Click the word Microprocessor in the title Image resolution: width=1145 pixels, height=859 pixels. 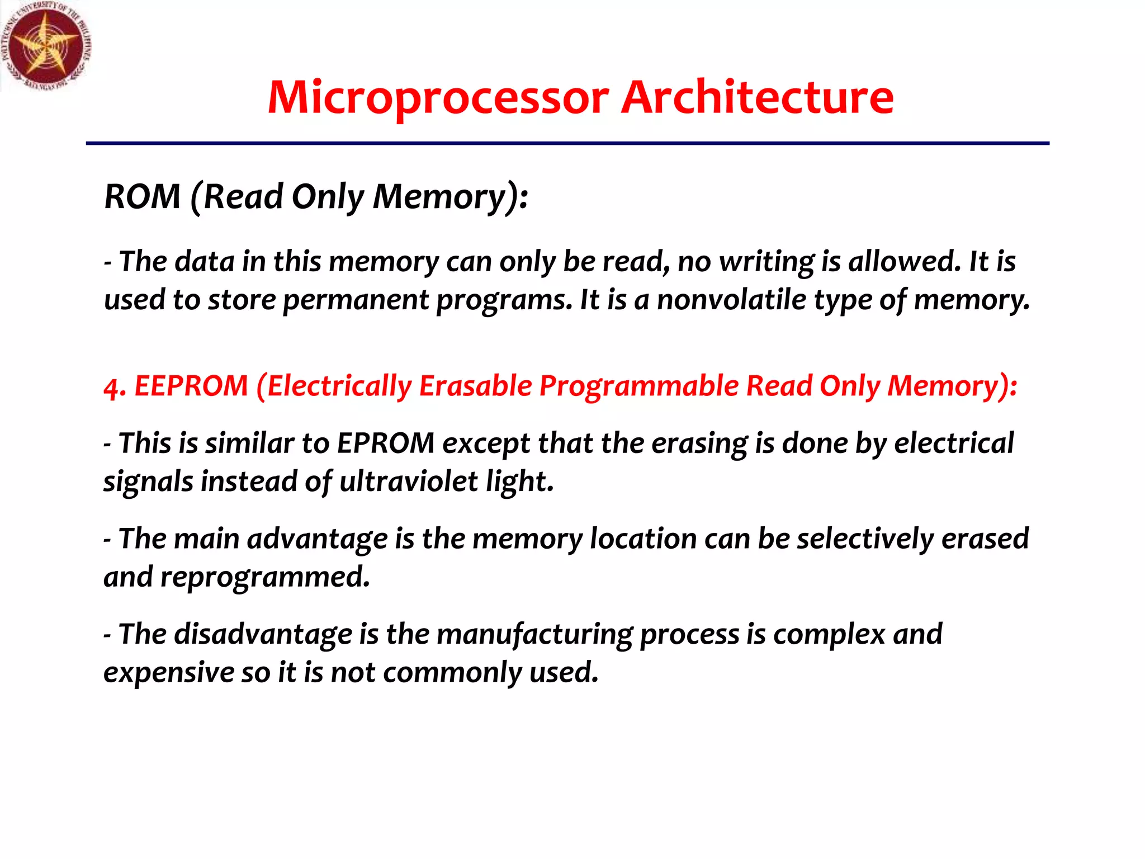pyautogui.click(x=438, y=98)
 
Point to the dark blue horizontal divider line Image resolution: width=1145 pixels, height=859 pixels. pyautogui.click(x=567, y=144)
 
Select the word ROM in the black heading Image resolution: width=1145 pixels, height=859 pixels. pyautogui.click(x=143, y=197)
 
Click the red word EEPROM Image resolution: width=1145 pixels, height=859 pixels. pyautogui.click(x=191, y=386)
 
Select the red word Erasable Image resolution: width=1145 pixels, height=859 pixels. pyautogui.click(x=476, y=386)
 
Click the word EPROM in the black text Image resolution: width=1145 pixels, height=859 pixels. pyautogui.click(x=386, y=443)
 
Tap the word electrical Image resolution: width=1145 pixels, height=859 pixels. pyautogui.click(x=954, y=443)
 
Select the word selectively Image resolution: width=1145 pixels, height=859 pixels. pyautogui.click(x=865, y=539)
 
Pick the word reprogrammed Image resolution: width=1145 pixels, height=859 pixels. pyautogui.click(x=265, y=577)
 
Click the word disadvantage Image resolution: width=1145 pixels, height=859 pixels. pyautogui.click(x=263, y=634)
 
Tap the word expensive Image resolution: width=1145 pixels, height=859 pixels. pyautogui.click(x=168, y=672)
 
